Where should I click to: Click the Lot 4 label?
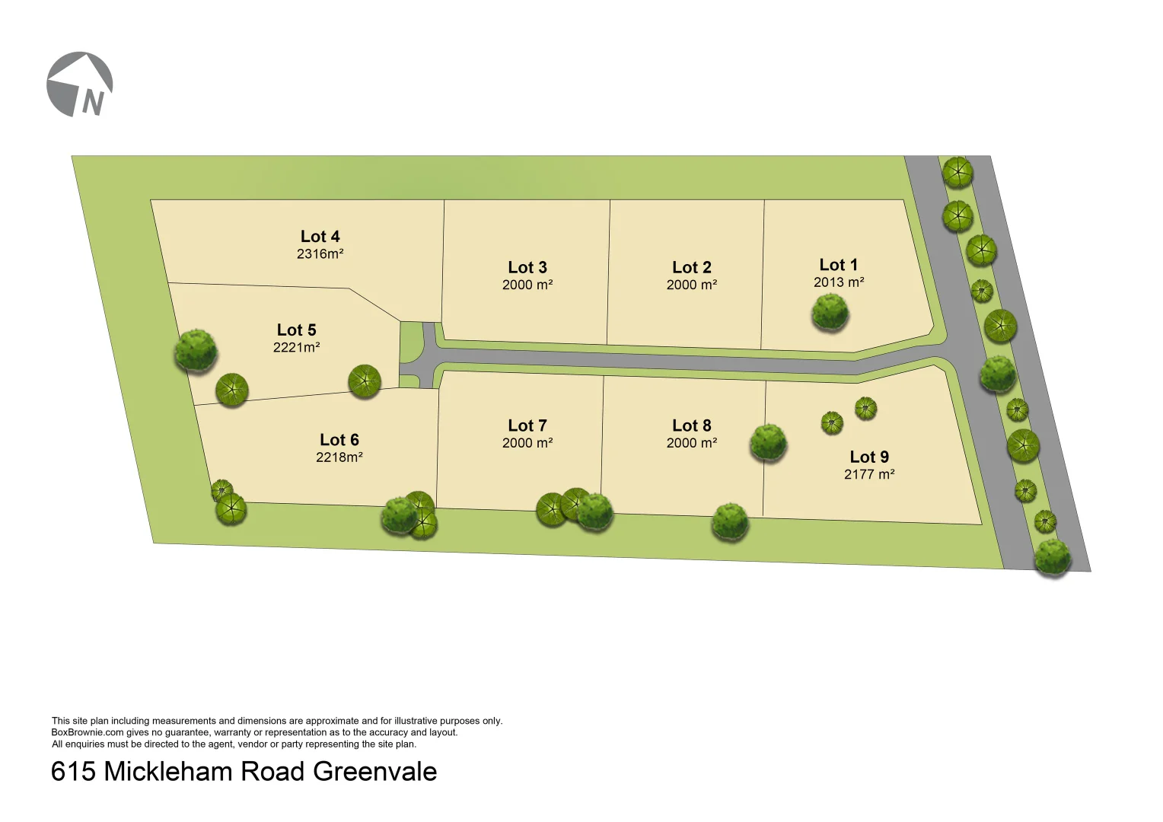coord(320,237)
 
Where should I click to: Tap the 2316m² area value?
coord(320,254)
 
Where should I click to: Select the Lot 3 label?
coord(527,267)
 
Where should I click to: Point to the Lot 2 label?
coord(692,267)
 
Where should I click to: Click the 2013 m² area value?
coord(839,282)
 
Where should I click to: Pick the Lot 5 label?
coord(296,330)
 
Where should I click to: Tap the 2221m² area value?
coord(296,347)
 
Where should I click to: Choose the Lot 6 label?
coord(339,440)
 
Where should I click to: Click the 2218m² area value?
coord(339,457)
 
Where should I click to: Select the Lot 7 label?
coord(527,425)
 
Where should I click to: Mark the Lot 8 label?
coord(692,425)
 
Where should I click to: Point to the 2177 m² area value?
coord(869,474)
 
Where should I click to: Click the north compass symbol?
coord(80,84)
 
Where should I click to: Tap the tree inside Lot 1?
coord(830,312)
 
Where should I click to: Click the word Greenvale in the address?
coord(374,772)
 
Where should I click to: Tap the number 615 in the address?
coord(73,772)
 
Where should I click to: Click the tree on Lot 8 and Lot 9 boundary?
coord(768,442)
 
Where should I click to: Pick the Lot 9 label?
coord(869,457)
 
